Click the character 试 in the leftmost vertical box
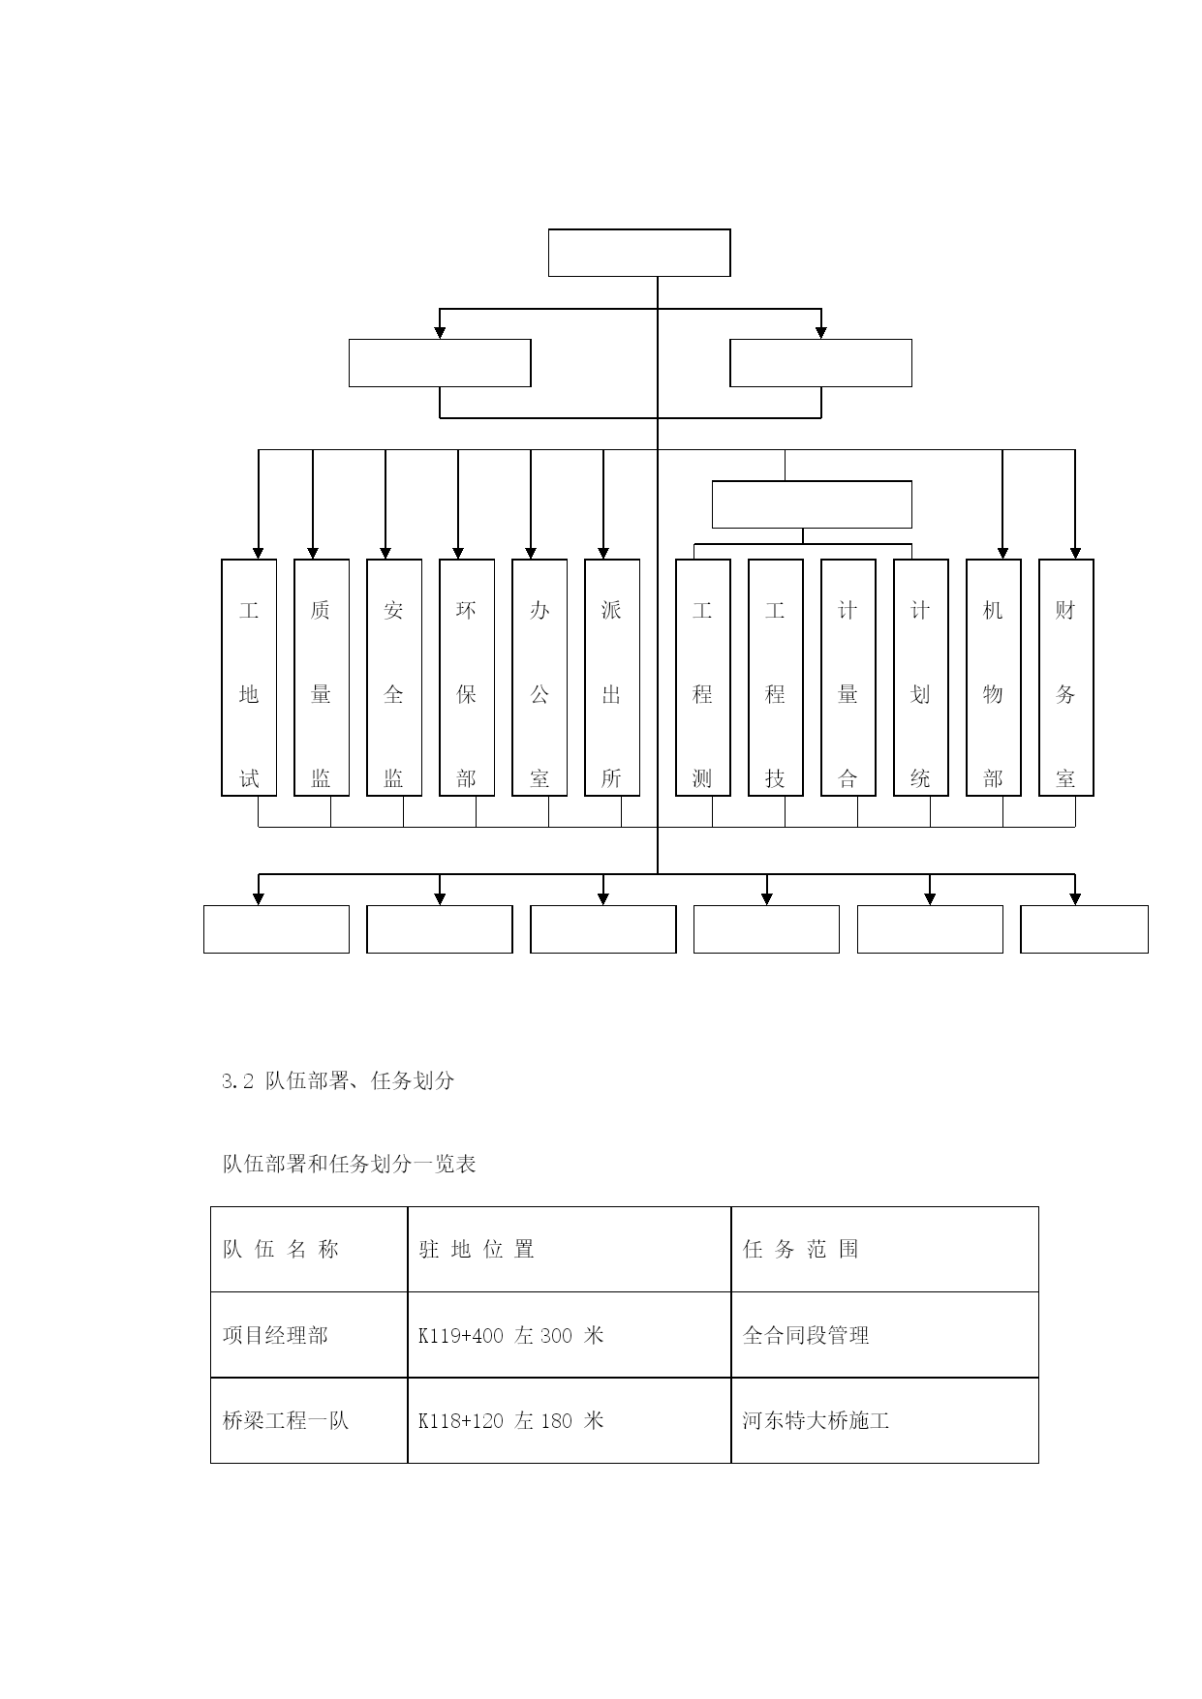249,778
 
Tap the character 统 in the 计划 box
920,778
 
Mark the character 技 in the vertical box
775,778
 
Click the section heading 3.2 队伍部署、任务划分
338,1081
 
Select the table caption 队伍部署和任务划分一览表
350,1164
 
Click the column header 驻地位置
477,1250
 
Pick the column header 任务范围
801,1250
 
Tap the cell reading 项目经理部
276,1336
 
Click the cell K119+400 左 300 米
511,1336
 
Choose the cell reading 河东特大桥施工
817,1421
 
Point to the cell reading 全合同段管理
806,1336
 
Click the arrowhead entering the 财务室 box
1074,553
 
